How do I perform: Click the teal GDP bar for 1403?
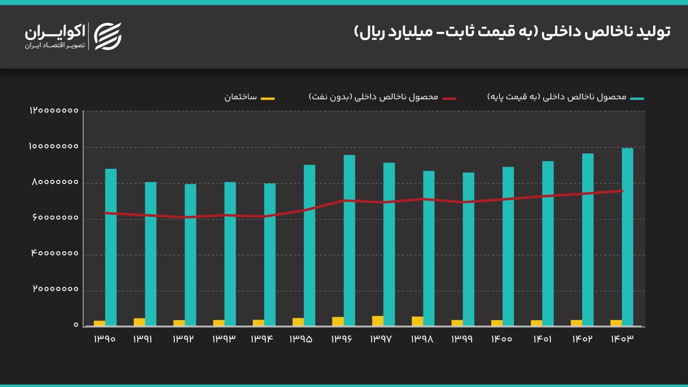[627, 237]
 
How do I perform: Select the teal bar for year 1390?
[111, 247]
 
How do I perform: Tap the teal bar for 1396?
[349, 241]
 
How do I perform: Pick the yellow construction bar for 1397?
[377, 321]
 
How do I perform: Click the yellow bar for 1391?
[139, 322]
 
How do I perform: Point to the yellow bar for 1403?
[616, 323]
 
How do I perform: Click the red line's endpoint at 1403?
[622, 191]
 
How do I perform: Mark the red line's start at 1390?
[105, 213]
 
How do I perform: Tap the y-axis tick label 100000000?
[54, 146]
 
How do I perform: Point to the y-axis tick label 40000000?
[55, 253]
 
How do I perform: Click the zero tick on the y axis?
[76, 325]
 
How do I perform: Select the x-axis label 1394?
[262, 339]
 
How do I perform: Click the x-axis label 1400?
[501, 339]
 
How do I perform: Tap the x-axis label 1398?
[422, 339]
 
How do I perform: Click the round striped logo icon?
[107, 36]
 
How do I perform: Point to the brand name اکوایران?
[55, 32]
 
